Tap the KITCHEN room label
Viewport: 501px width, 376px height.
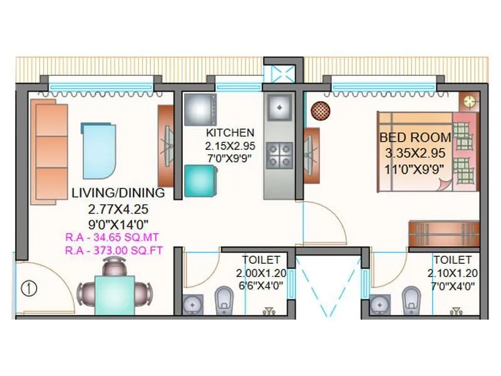point(230,133)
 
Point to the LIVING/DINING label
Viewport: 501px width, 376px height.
point(118,192)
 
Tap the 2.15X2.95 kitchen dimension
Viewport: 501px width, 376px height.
point(230,146)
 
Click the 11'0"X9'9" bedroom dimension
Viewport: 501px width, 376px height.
point(415,168)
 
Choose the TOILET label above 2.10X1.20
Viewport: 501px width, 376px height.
point(452,259)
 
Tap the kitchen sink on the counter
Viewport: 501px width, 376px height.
point(279,107)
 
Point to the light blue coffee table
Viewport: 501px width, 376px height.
point(98,150)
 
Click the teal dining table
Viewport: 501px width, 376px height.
point(114,295)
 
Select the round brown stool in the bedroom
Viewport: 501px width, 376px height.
point(320,111)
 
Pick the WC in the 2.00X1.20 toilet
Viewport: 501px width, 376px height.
point(224,300)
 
